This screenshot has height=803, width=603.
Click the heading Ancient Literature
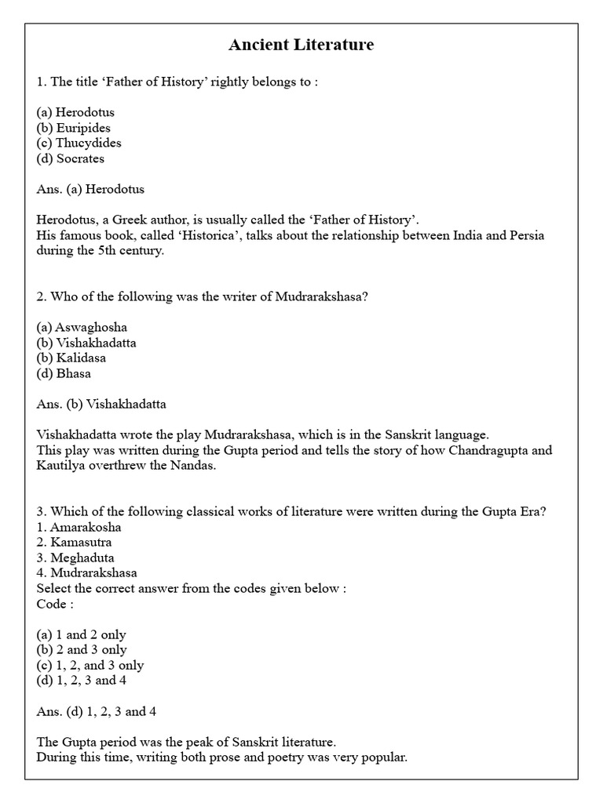[301, 45]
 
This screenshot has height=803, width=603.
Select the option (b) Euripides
[73, 128]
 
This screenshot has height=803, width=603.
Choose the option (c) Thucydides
[79, 143]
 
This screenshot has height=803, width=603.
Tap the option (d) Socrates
[70, 158]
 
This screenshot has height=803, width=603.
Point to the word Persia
[525, 235]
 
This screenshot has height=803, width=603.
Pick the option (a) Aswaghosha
[82, 327]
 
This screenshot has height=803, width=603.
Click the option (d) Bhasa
[64, 373]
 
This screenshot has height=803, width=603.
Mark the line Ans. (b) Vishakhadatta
[101, 404]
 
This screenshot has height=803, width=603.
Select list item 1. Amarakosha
[79, 527]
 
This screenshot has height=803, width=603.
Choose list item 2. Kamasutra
[74, 542]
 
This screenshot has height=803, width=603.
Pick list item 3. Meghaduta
[75, 558]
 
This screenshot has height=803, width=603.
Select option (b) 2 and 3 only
[82, 649]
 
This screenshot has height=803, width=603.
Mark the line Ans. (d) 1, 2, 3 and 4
[102, 711]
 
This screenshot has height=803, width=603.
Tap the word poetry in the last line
[258, 758]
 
